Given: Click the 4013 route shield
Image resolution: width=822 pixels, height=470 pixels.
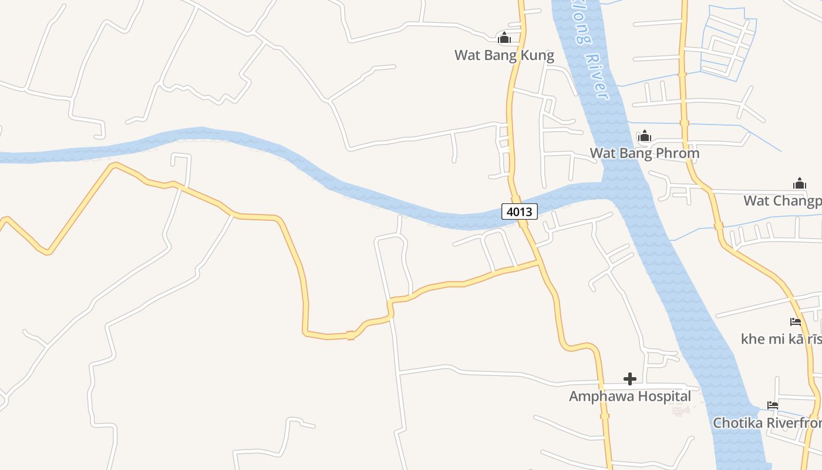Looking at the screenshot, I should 520,211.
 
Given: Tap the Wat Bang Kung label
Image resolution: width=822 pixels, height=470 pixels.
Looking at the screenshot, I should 504,56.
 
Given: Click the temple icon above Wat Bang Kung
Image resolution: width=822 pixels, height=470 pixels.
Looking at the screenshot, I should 504,39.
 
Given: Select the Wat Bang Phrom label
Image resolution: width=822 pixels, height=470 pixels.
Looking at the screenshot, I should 645,153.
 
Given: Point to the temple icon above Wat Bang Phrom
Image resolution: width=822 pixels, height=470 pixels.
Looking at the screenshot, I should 645,137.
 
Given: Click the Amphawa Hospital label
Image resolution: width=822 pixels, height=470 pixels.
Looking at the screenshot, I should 630,397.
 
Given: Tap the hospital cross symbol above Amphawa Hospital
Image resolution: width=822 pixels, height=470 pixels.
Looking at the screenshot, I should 630,379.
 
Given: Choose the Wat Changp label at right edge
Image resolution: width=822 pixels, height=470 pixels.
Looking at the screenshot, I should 782,201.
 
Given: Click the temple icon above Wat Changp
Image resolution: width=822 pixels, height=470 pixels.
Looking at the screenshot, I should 800,184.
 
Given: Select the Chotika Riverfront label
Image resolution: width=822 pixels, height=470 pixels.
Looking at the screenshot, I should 767,423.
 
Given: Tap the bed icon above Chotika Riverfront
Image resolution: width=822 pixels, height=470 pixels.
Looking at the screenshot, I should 773,405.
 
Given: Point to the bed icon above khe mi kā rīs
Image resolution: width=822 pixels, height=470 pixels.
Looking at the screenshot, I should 796,322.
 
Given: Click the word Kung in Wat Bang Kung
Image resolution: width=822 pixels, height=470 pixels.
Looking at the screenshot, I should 537,56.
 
